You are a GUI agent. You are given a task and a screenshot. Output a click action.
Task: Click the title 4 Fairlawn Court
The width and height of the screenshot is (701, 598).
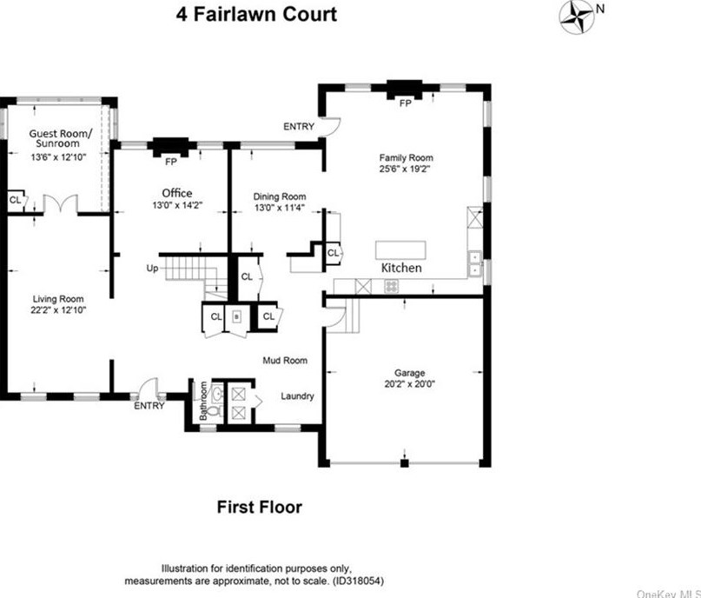click(257, 15)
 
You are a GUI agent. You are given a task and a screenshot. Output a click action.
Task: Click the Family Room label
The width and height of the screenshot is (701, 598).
click(405, 158)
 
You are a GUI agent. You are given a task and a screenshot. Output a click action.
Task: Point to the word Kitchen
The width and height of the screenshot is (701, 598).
click(401, 268)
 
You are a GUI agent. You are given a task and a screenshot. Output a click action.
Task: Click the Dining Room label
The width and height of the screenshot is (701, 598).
click(279, 197)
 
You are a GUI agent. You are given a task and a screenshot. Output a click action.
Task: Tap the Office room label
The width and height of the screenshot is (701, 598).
click(176, 193)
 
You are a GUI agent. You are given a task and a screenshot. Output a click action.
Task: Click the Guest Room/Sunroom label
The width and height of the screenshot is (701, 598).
click(57, 139)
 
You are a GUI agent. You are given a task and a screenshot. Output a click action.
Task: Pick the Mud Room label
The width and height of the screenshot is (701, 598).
click(286, 360)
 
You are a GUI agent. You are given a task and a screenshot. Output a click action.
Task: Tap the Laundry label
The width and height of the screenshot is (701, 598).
click(297, 396)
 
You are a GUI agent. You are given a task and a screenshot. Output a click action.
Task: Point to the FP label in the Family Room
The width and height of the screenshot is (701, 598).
click(405, 103)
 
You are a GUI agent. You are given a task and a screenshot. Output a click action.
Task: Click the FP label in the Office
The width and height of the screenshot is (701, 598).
click(170, 161)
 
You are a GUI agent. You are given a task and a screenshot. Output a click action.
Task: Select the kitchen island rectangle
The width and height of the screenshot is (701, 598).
click(400, 249)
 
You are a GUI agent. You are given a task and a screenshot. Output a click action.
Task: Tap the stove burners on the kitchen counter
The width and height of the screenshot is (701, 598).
click(392, 286)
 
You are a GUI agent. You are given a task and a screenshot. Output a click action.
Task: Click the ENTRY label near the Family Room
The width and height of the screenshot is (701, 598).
click(298, 127)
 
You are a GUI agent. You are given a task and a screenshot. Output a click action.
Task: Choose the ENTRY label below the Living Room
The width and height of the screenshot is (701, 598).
click(149, 406)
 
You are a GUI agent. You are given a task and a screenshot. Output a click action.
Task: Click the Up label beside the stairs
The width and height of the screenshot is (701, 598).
click(152, 269)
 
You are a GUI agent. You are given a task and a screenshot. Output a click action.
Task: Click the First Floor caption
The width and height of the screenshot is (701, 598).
click(259, 507)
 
